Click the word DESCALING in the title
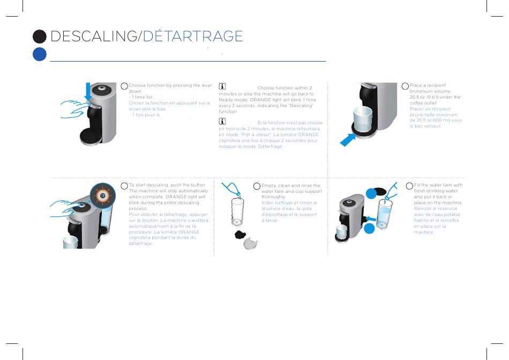click(x=94, y=36)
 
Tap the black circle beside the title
click(x=39, y=36)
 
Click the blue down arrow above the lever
click(x=89, y=92)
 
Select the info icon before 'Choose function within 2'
click(x=223, y=87)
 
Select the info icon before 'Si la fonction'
click(x=223, y=122)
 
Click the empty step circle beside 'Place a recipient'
click(x=406, y=86)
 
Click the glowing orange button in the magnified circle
click(x=103, y=196)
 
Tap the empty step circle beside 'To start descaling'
click(x=125, y=186)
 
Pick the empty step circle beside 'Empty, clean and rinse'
click(x=257, y=186)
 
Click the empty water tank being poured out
click(x=237, y=211)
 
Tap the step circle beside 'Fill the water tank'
click(x=410, y=186)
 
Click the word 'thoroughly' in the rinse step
click(x=274, y=197)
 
